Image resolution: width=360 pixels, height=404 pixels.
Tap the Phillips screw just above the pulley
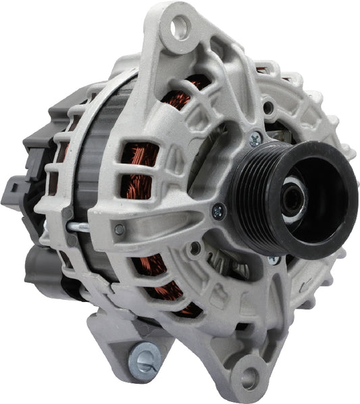(255, 140)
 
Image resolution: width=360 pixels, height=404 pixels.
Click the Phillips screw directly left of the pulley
(218, 211)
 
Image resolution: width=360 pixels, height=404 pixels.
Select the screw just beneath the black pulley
(274, 259)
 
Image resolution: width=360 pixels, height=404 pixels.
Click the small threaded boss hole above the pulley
(269, 107)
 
